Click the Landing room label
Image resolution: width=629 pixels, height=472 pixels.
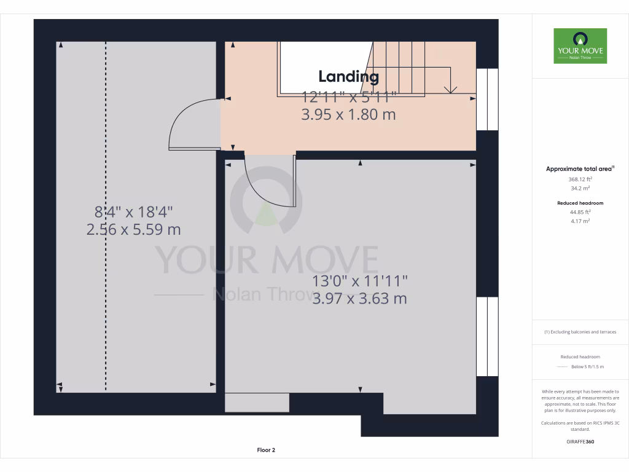click(x=348, y=77)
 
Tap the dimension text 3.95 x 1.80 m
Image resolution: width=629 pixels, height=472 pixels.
click(x=348, y=114)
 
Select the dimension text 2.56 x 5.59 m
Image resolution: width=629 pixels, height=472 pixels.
click(x=134, y=229)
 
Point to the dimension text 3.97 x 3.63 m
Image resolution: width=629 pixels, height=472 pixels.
click(x=359, y=299)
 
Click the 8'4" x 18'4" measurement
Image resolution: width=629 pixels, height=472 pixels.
click(x=134, y=212)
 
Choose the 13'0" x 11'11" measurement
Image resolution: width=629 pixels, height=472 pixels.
click(x=359, y=281)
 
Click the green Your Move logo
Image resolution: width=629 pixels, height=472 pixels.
click(x=580, y=46)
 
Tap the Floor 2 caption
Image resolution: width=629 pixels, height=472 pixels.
click(x=266, y=450)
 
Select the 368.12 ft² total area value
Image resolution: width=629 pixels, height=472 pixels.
click(x=580, y=179)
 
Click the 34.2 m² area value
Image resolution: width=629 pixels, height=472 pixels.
click(x=580, y=189)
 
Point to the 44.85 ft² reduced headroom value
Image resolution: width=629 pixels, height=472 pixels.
click(x=580, y=212)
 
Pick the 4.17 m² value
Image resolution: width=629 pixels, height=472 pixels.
click(x=580, y=221)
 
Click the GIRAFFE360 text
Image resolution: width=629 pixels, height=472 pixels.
click(x=580, y=442)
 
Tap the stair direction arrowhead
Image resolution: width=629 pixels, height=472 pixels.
click(x=450, y=89)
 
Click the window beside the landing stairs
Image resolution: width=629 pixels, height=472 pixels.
click(x=487, y=100)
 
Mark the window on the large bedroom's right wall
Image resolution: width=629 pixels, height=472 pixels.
click(x=487, y=336)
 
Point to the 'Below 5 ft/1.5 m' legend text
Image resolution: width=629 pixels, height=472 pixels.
click(x=588, y=367)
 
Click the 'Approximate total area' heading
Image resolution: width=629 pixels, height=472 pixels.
click(x=580, y=168)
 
